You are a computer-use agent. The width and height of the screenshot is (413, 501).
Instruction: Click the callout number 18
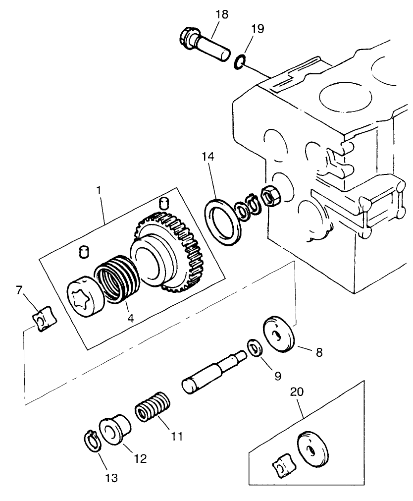(x=221, y=14)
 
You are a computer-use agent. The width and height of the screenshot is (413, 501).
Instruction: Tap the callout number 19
(x=257, y=28)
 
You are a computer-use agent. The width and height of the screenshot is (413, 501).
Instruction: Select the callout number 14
(x=208, y=157)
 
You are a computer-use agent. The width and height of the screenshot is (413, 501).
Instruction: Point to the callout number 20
(x=297, y=391)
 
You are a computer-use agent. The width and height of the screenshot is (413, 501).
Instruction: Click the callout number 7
(x=19, y=290)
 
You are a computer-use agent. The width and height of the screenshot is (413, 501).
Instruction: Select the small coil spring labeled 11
(x=154, y=406)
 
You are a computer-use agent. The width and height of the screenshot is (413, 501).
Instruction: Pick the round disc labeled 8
(x=279, y=335)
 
